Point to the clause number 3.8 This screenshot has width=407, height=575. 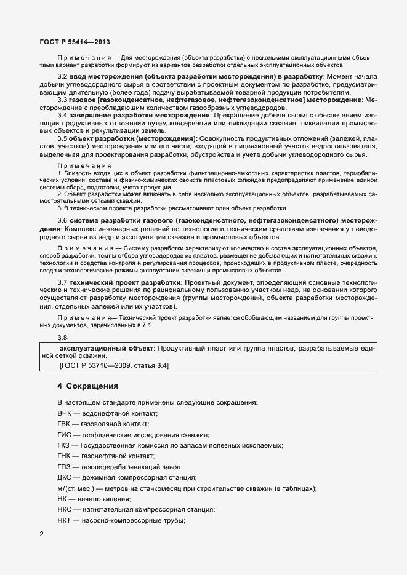point(62,337)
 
